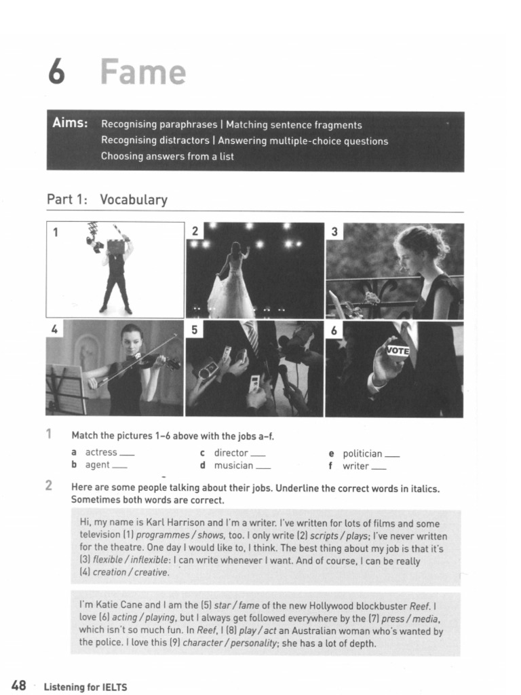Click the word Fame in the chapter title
143,72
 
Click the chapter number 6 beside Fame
56,72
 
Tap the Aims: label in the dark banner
70,123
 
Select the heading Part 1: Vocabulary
107,200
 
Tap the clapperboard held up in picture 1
116,246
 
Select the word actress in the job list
101,453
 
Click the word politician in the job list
362,453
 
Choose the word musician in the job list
233,466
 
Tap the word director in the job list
231,453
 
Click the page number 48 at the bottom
18,685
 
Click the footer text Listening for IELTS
85,687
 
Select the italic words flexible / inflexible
132,561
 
